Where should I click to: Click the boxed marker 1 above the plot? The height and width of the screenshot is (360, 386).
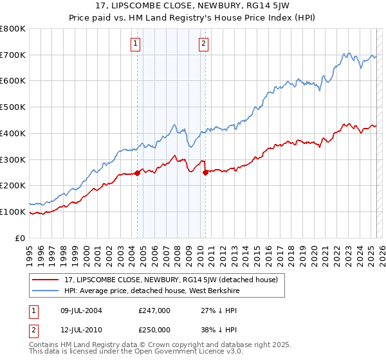pyautogui.click(x=136, y=44)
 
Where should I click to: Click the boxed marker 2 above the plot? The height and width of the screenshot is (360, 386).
pyautogui.click(x=203, y=44)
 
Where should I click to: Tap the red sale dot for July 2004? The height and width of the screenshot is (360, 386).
pyautogui.click(x=137, y=173)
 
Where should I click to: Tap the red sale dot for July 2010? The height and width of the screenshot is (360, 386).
pyautogui.click(x=205, y=172)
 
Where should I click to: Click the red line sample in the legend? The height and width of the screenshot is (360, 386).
pyautogui.click(x=45, y=279)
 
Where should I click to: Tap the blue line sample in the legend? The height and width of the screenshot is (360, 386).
pyautogui.click(x=45, y=291)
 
